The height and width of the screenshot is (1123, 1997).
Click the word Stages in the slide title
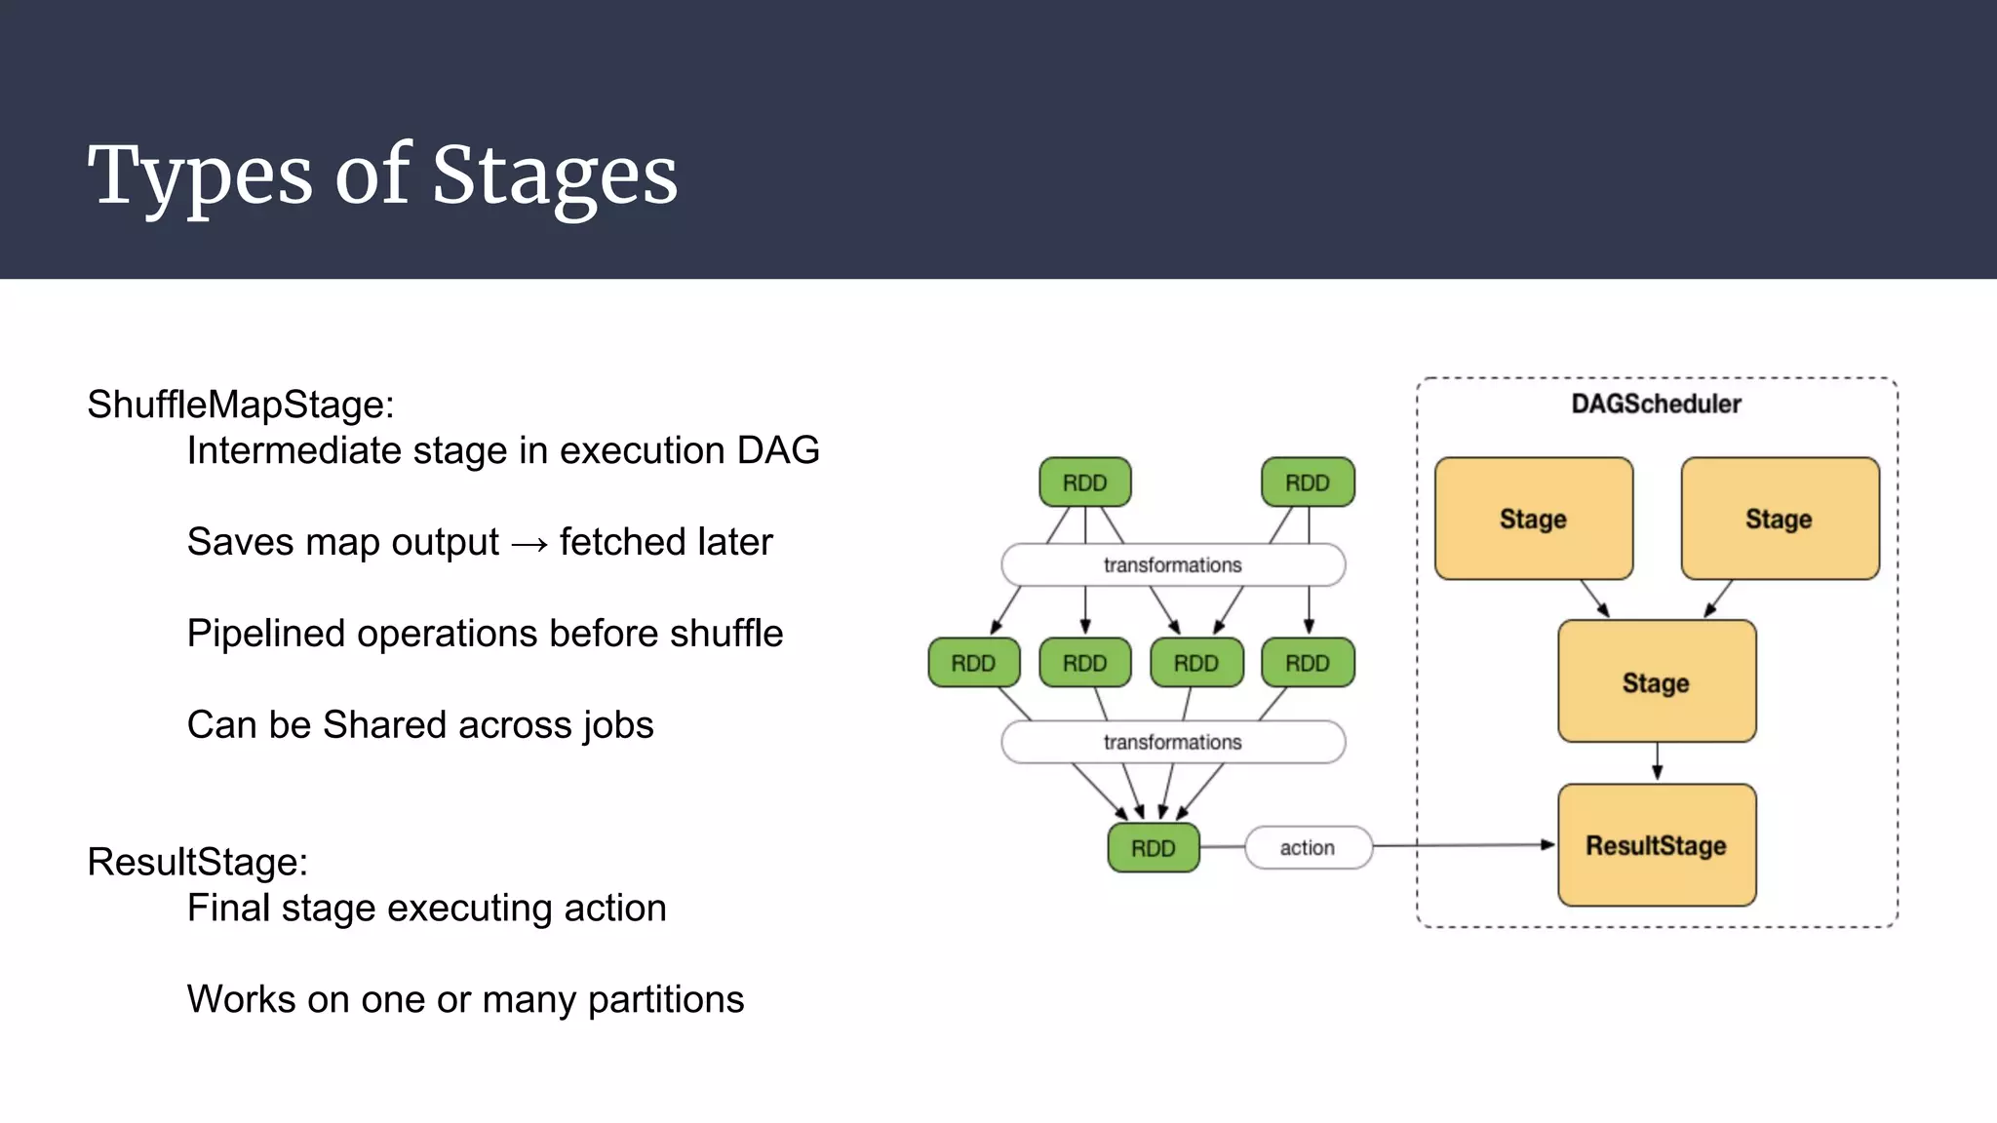tap(554, 175)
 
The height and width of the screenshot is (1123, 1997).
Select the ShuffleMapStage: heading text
tap(240, 405)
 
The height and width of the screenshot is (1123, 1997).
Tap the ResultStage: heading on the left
tap(197, 862)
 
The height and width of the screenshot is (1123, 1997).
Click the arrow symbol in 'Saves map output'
tap(529, 543)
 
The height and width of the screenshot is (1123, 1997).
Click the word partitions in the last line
tap(666, 1000)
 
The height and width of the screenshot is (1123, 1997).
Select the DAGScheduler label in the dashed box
tap(1656, 404)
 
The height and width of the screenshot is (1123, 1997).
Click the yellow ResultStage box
tap(1656, 845)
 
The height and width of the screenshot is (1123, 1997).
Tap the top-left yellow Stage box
tap(1533, 519)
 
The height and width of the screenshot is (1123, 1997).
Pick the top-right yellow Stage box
tap(1780, 519)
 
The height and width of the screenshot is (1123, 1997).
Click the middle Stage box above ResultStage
tap(1656, 682)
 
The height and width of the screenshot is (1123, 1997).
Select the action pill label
tap(1308, 848)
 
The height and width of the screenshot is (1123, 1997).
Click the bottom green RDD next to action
tap(1153, 848)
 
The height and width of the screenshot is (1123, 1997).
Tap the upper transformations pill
tap(1172, 565)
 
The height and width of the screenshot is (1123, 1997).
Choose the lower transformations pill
tap(1172, 743)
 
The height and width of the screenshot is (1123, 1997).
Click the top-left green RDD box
tap(1084, 483)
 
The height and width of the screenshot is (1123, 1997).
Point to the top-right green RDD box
tap(1307, 483)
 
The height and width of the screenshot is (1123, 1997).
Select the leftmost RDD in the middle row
tap(973, 663)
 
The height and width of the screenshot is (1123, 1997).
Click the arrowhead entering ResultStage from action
tap(1547, 845)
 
